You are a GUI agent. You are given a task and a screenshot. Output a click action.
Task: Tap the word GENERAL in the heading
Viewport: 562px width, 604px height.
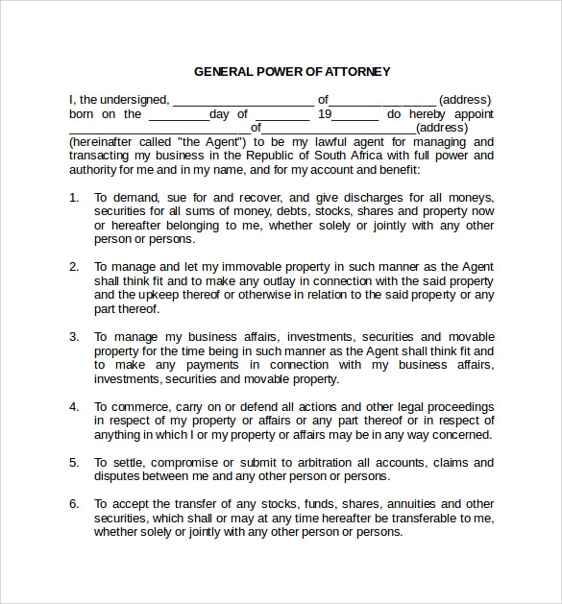(x=224, y=71)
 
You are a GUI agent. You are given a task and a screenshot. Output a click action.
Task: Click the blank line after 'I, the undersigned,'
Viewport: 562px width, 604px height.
(x=242, y=100)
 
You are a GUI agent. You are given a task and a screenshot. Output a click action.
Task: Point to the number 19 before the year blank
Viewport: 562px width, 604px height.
(x=325, y=113)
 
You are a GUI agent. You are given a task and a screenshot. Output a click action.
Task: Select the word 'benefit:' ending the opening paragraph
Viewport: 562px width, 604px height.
(x=395, y=169)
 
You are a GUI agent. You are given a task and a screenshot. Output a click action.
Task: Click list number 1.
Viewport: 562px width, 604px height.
(x=74, y=197)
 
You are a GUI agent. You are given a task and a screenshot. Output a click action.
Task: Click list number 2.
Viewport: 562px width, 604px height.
(x=74, y=266)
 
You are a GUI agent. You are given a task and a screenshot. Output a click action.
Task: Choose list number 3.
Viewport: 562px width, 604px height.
(x=74, y=337)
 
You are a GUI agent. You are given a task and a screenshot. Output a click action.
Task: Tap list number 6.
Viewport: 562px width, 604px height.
(x=74, y=503)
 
